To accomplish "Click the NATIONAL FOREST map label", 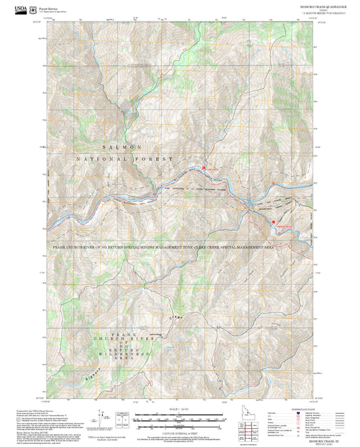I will [125, 159].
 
